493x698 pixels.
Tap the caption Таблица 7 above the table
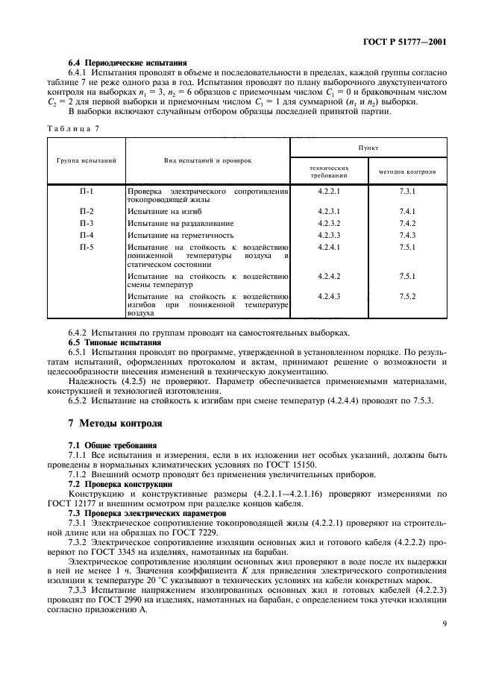coord(73,128)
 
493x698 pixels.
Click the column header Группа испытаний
coord(84,160)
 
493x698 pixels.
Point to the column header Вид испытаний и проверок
coord(207,160)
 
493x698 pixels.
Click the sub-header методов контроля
coord(407,172)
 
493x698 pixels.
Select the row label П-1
coord(87,192)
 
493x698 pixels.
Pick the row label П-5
coord(87,246)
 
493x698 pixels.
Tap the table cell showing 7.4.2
coord(407,223)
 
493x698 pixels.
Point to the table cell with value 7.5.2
coord(407,296)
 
